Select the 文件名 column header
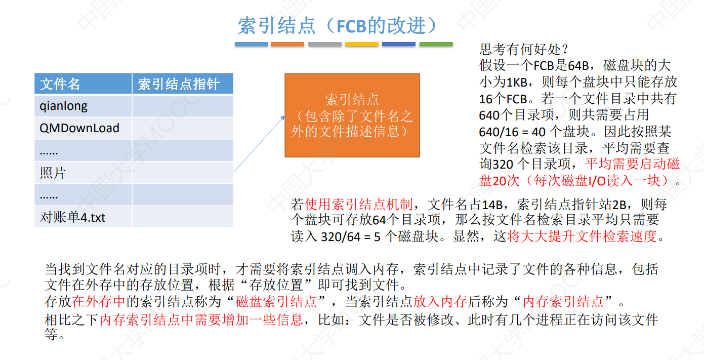[60, 84]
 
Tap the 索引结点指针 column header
[178, 84]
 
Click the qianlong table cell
[64, 106]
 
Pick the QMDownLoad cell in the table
[79, 128]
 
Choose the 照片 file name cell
[53, 173]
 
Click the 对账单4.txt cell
[73, 217]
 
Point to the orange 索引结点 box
[352, 115]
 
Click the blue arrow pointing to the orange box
[259, 144]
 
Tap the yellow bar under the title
[361, 45]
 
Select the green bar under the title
[436, 45]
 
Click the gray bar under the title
[324, 45]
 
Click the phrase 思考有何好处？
[524, 50]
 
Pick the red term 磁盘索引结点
[276, 302]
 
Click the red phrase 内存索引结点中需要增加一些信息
[201, 319]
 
